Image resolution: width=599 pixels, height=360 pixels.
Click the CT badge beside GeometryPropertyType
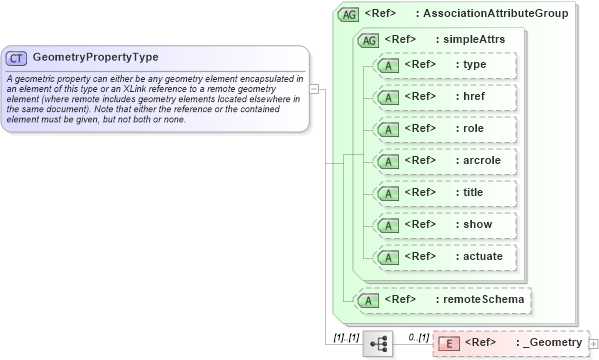tap(17, 59)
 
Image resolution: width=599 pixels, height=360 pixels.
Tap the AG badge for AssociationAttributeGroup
tap(349, 14)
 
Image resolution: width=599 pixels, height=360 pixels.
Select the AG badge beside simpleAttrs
tap(368, 40)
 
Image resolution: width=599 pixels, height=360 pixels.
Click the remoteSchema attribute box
tap(444, 299)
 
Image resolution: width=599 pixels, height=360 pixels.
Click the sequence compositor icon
tap(379, 343)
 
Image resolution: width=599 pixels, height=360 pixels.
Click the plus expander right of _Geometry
tap(594, 344)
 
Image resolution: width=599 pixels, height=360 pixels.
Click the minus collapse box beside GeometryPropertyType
tap(314, 88)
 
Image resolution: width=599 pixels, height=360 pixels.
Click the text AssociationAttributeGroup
tap(496, 14)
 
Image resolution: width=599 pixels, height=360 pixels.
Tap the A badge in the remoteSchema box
tap(369, 299)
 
